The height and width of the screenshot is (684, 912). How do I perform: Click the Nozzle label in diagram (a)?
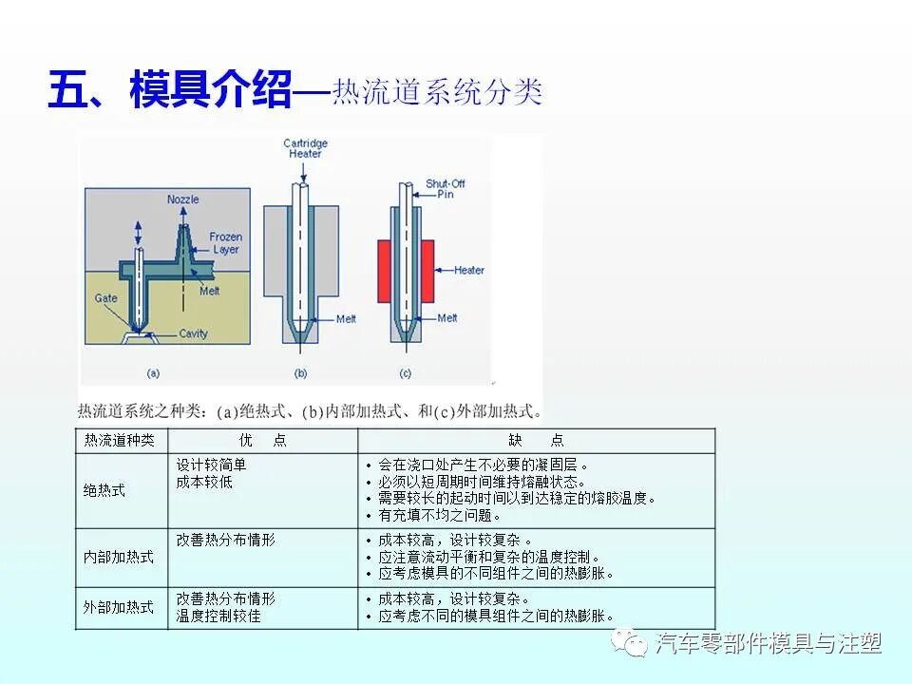pyautogui.click(x=182, y=199)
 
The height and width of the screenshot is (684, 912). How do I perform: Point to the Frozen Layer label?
pyautogui.click(x=225, y=243)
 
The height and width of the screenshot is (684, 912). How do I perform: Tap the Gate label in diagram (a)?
pyautogui.click(x=105, y=298)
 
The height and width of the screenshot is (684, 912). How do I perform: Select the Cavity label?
pyautogui.click(x=193, y=334)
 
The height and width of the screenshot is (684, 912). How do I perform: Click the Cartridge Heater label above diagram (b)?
pyautogui.click(x=305, y=149)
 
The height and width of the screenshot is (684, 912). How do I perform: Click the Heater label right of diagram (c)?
pyautogui.click(x=468, y=270)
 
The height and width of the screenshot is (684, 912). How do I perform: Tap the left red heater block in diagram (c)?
pyautogui.click(x=387, y=270)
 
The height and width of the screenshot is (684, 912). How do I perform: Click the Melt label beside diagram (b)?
pyautogui.click(x=346, y=319)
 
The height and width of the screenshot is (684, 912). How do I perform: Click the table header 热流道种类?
pyautogui.click(x=120, y=441)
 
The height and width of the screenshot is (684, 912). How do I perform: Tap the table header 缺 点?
pyautogui.click(x=536, y=441)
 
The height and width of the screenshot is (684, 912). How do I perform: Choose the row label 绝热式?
pyautogui.click(x=104, y=491)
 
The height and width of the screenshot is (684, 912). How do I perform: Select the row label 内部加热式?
pyautogui.click(x=119, y=558)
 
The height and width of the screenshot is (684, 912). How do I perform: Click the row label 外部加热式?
pyautogui.click(x=119, y=608)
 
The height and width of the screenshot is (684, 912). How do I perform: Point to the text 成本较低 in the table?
pyautogui.click(x=204, y=483)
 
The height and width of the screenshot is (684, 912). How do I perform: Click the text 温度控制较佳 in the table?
pyautogui.click(x=218, y=617)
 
